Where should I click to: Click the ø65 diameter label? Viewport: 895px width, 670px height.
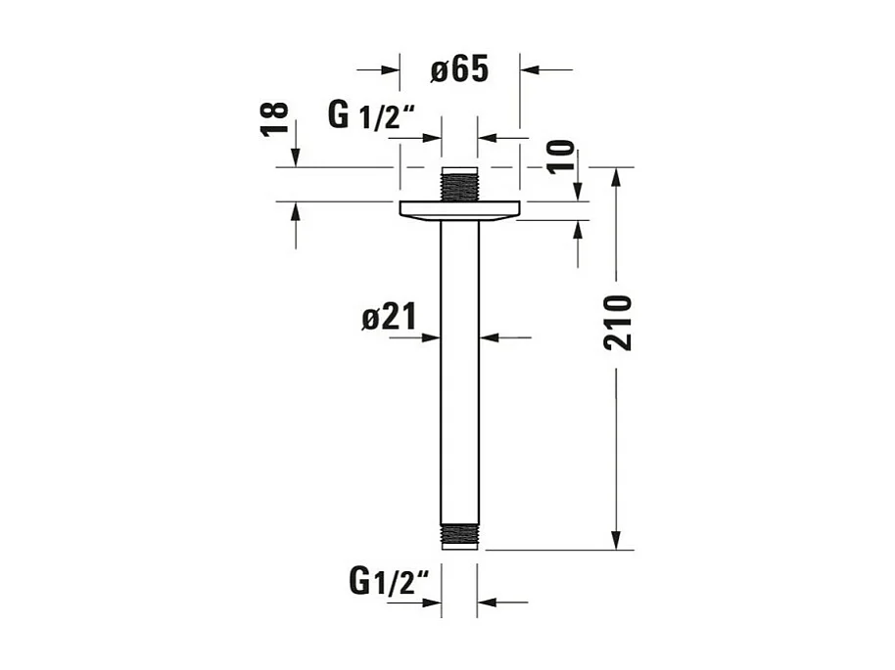point(458,69)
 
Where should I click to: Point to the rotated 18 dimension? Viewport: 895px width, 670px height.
point(276,118)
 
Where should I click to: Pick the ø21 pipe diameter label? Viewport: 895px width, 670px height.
point(389,316)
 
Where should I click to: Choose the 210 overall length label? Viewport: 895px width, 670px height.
point(617,322)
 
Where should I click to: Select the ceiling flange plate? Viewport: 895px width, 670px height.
point(459,209)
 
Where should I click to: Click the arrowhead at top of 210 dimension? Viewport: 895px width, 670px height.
point(616,177)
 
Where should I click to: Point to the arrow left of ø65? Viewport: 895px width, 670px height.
point(392,69)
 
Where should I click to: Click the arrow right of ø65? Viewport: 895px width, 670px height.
point(529,69)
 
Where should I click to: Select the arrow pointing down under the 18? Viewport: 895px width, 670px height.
point(296,157)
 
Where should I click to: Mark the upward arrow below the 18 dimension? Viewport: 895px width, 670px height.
point(296,212)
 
